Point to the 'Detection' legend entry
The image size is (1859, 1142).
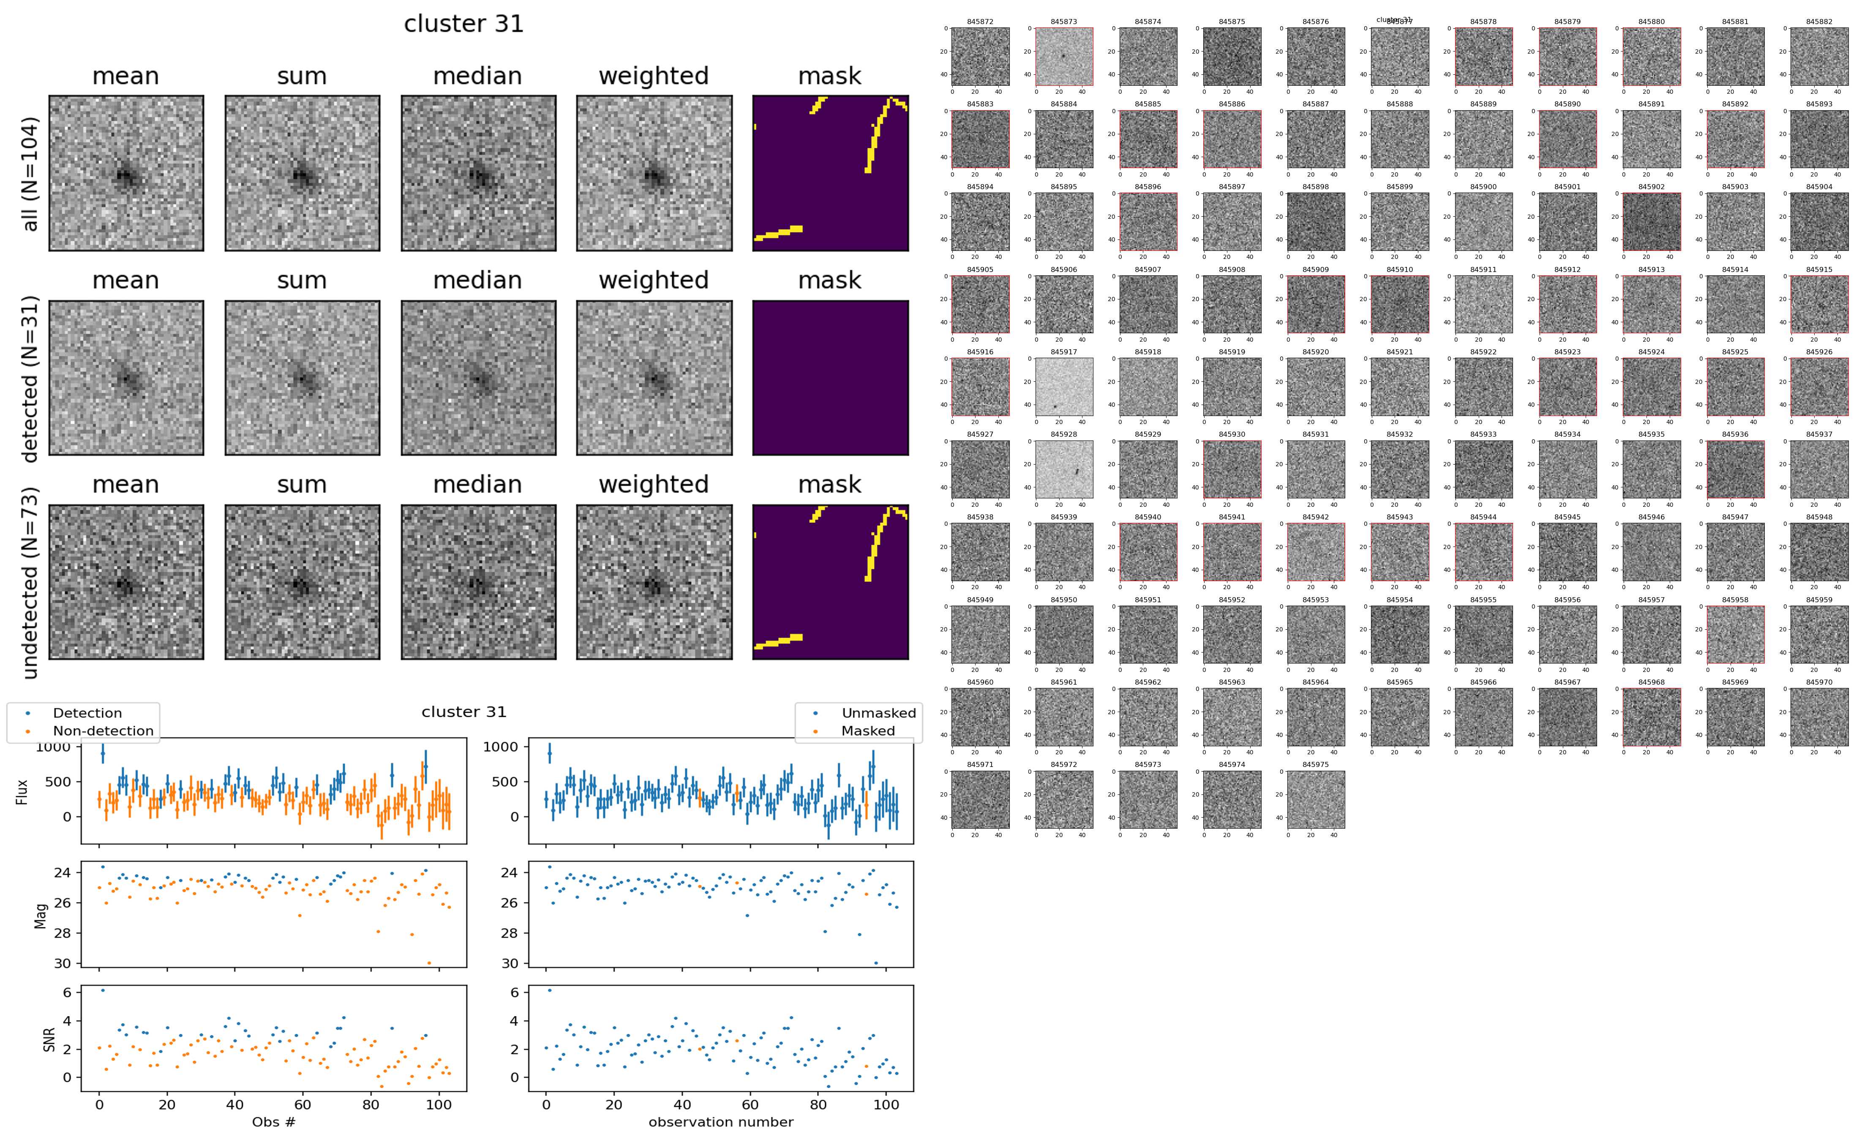click(87, 713)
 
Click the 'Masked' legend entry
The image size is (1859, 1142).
click(868, 730)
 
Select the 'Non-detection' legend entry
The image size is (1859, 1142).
click(103, 730)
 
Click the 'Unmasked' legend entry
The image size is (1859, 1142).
click(878, 713)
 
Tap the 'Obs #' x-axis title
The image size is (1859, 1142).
click(273, 1122)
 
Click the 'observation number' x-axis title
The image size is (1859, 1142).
click(721, 1122)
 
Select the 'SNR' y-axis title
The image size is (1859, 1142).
click(49, 1039)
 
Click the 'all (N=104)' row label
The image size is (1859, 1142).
click(30, 174)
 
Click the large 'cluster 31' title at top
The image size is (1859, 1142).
click(464, 24)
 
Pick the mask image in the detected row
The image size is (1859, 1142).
click(830, 378)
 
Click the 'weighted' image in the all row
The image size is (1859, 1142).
click(654, 173)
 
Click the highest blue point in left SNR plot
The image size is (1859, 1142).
click(103, 990)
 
